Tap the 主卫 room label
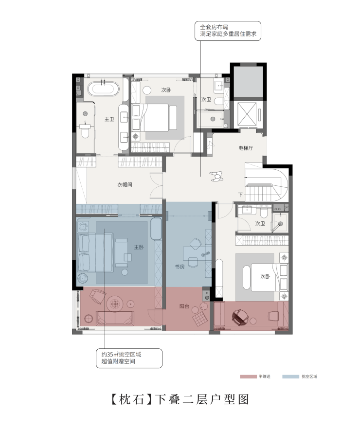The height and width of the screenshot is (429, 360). click(x=109, y=119)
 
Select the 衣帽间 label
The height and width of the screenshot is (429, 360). click(x=125, y=185)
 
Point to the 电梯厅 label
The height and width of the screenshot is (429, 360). click(x=246, y=148)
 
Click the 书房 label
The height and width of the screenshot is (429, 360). click(x=180, y=267)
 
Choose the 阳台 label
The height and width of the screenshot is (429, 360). click(x=184, y=306)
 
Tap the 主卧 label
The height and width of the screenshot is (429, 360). click(x=139, y=247)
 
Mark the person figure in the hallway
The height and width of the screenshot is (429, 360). click(x=216, y=176)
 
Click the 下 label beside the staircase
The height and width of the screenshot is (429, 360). click(x=240, y=195)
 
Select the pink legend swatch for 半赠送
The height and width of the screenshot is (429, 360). click(x=249, y=376)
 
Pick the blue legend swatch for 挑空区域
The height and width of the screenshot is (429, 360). click(x=291, y=376)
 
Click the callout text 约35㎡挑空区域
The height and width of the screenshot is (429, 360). click(x=122, y=354)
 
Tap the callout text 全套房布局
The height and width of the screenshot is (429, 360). click(x=214, y=27)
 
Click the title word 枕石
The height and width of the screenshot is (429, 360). click(x=132, y=400)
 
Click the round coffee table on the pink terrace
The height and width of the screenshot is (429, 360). click(x=115, y=304)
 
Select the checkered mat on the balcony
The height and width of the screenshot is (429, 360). click(x=200, y=319)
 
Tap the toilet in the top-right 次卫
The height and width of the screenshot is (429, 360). click(x=218, y=102)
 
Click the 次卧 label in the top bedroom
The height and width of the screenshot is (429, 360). click(x=166, y=90)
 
